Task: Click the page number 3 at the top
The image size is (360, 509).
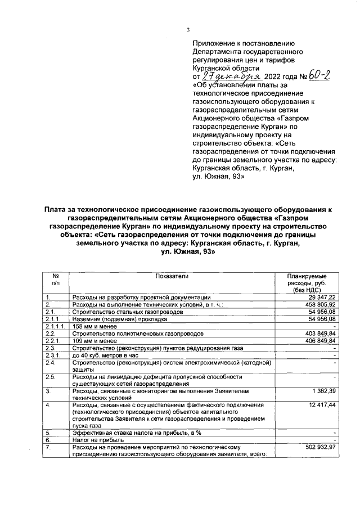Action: (188, 30)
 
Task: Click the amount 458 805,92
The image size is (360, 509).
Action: (319, 304)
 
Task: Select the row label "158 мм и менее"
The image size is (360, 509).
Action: (93, 326)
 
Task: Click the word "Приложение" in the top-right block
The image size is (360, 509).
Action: (215, 43)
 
